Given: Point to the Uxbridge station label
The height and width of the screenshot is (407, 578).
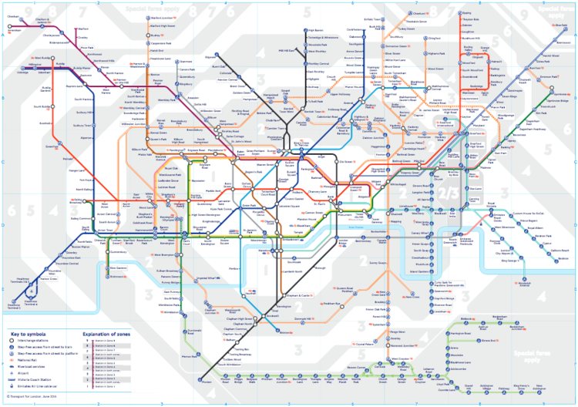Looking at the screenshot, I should coord(21,72).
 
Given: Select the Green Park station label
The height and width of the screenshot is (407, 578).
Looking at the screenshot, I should coord(248,206).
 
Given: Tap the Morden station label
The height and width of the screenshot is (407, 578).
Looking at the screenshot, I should coord(207,381).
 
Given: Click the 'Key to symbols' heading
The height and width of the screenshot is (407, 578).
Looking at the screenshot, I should coord(27,334).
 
